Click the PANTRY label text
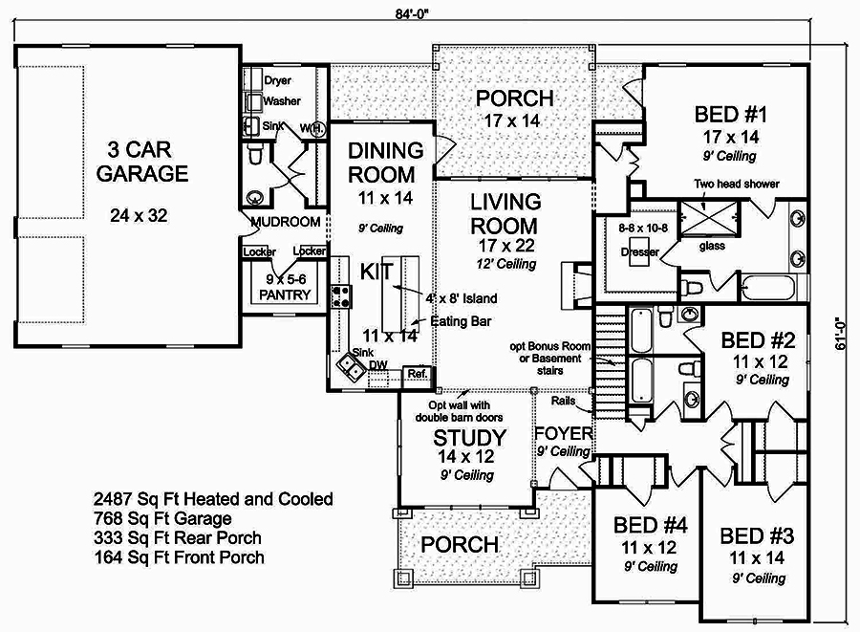pos(284,294)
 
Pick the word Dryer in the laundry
pos(278,80)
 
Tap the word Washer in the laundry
pos(282,100)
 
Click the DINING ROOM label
pos(385,163)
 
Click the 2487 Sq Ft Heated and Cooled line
pos(213,498)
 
